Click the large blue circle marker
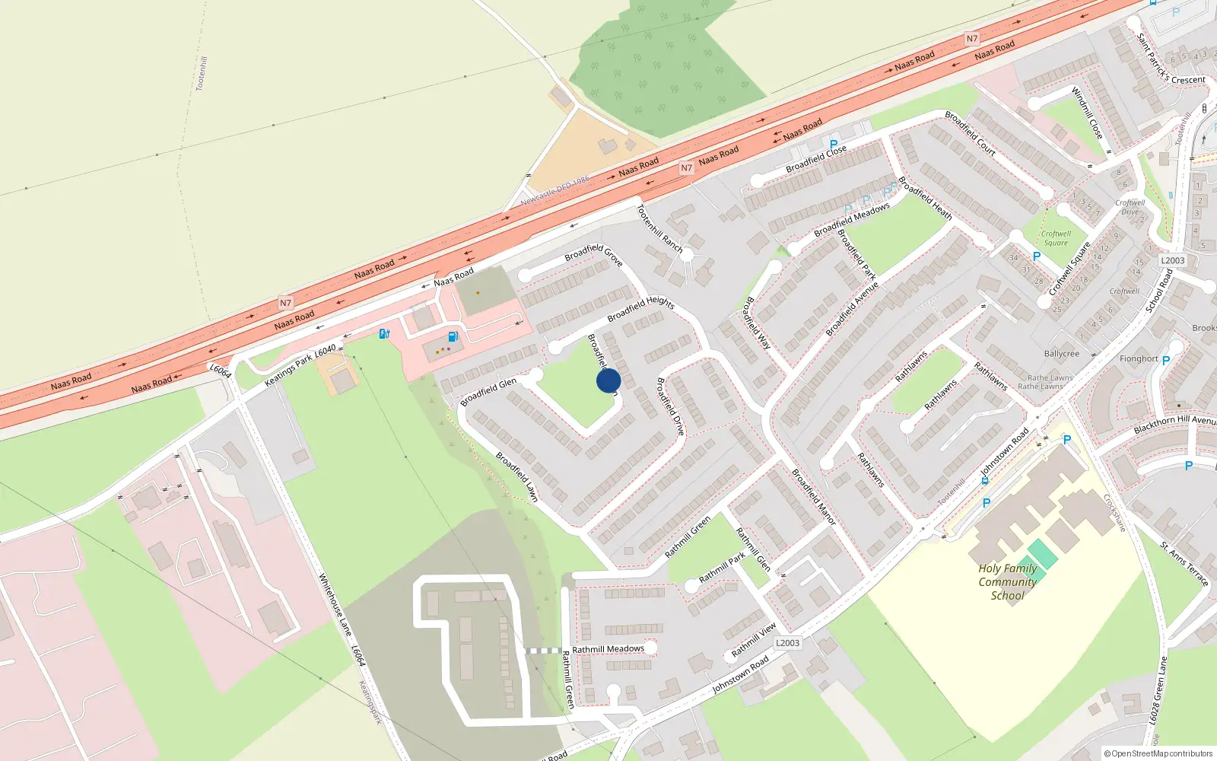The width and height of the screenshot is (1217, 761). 608,380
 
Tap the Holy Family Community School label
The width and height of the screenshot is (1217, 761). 1007,582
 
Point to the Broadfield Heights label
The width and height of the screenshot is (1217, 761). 640,309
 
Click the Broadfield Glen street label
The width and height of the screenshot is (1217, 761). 488,391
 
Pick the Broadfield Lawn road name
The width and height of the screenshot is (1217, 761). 517,476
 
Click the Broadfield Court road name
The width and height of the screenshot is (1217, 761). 970,133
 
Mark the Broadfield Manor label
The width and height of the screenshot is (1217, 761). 813,497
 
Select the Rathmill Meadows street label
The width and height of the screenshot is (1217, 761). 608,649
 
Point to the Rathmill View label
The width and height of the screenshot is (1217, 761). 754,640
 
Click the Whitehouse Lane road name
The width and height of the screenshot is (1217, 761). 335,605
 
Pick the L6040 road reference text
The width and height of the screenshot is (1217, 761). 325,352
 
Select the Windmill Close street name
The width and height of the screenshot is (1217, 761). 1087,113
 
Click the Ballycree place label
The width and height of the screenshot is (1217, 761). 1061,354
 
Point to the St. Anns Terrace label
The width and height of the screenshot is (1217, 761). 1184,563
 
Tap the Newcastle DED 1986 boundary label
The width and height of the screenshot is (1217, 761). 555,191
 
